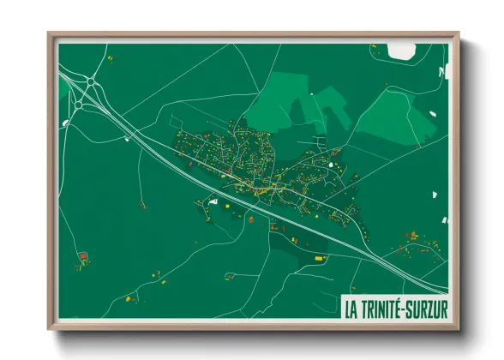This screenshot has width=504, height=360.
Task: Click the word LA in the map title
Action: [351, 306]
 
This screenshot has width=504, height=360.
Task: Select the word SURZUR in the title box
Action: [429, 306]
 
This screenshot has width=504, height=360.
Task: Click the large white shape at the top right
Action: [401, 51]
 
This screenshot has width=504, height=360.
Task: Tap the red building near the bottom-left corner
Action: [83, 255]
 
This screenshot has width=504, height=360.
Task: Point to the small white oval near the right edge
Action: [445, 220]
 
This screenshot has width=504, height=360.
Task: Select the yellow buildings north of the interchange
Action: [110, 58]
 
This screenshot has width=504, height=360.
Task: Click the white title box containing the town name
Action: [393, 306]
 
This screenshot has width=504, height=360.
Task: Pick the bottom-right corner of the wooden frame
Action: [459, 330]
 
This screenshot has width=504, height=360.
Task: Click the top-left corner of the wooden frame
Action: [49, 33]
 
